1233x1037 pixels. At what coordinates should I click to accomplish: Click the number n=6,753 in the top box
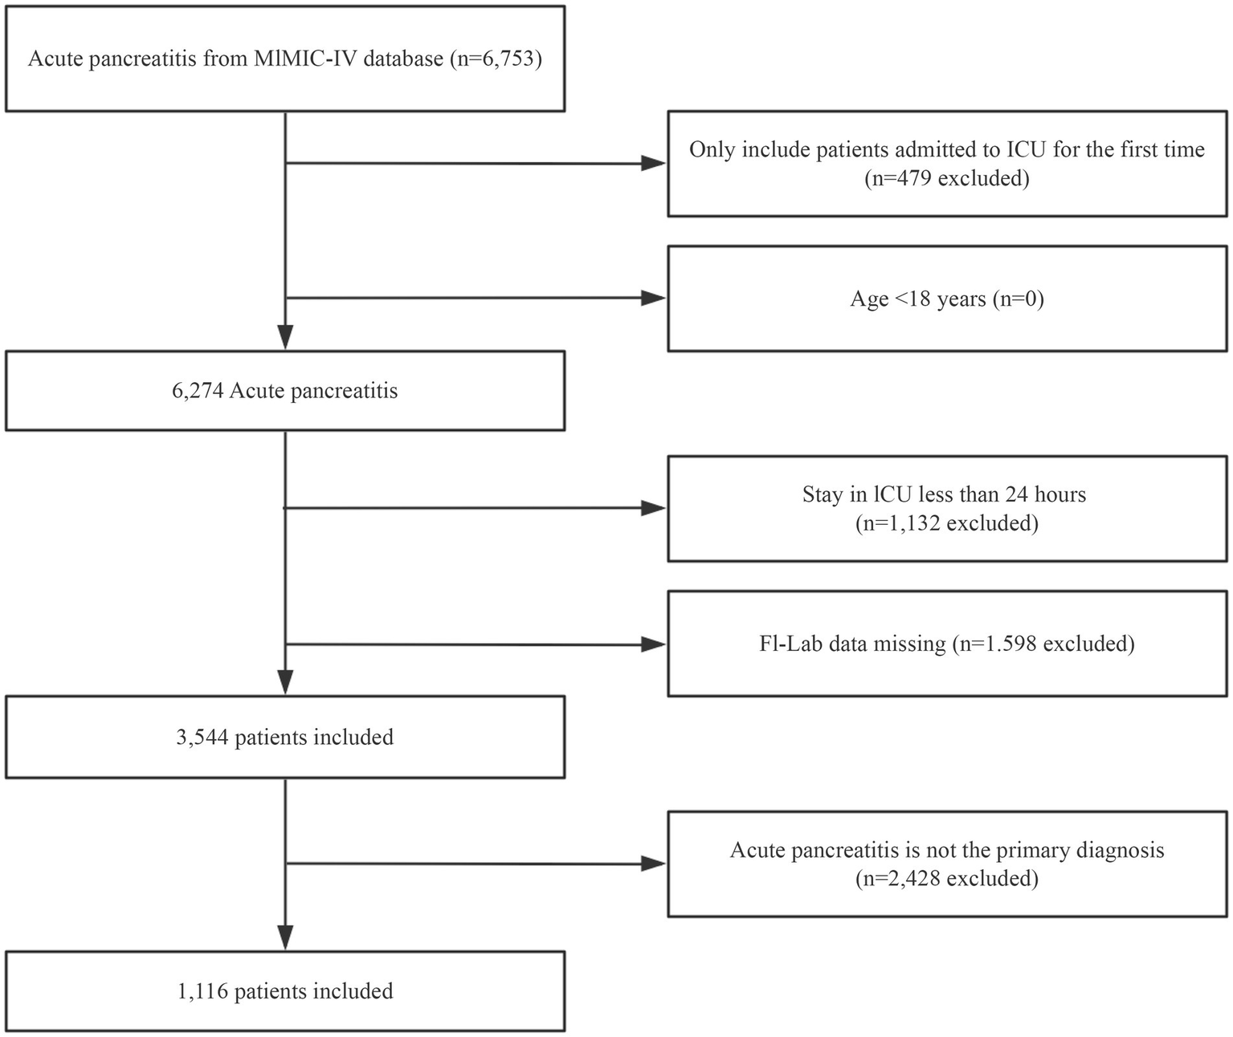pyautogui.click(x=495, y=59)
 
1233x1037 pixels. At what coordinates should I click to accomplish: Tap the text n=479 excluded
pyautogui.click(x=947, y=177)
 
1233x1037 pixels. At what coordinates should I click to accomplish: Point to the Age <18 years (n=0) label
pyautogui.click(x=947, y=299)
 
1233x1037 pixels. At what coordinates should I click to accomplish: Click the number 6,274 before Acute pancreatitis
pyautogui.click(x=197, y=391)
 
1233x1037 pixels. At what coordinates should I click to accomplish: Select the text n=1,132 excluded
pyautogui.click(x=947, y=523)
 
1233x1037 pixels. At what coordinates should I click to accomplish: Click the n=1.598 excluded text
pyautogui.click(x=1043, y=644)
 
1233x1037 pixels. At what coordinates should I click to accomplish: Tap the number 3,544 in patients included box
pyautogui.click(x=202, y=737)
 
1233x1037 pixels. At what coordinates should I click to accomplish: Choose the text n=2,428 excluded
pyautogui.click(x=947, y=878)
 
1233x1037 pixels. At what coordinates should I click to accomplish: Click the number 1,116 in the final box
pyautogui.click(x=202, y=991)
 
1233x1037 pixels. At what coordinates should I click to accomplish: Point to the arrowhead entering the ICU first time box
pyautogui.click(x=654, y=165)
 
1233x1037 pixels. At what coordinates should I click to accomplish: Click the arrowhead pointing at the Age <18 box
pyautogui.click(x=654, y=299)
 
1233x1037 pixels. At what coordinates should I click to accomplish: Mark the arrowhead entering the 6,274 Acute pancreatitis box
pyautogui.click(x=285, y=337)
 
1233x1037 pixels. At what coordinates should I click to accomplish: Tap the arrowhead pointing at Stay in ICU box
pyautogui.click(x=654, y=508)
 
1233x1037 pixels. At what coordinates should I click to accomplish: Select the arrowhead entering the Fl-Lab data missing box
pyautogui.click(x=654, y=645)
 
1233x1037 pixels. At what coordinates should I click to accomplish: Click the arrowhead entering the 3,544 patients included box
pyautogui.click(x=285, y=682)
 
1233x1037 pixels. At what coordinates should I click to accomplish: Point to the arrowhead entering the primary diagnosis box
pyautogui.click(x=654, y=864)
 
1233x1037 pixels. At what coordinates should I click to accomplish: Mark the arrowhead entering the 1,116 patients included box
pyautogui.click(x=285, y=937)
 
